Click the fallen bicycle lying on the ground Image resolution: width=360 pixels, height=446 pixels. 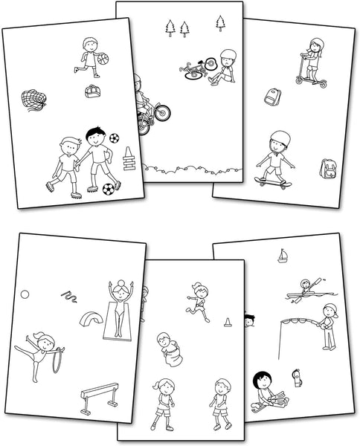coord(194,71)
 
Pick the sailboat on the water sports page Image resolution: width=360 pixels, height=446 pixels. coord(283,256)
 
